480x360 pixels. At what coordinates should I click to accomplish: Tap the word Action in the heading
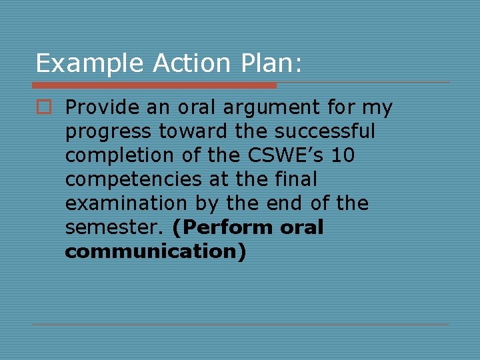tap(190, 63)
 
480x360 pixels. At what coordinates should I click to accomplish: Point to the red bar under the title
tap(153, 85)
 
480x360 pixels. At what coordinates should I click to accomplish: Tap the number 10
tap(343, 155)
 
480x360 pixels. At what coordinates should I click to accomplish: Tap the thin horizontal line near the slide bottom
tap(240, 325)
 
